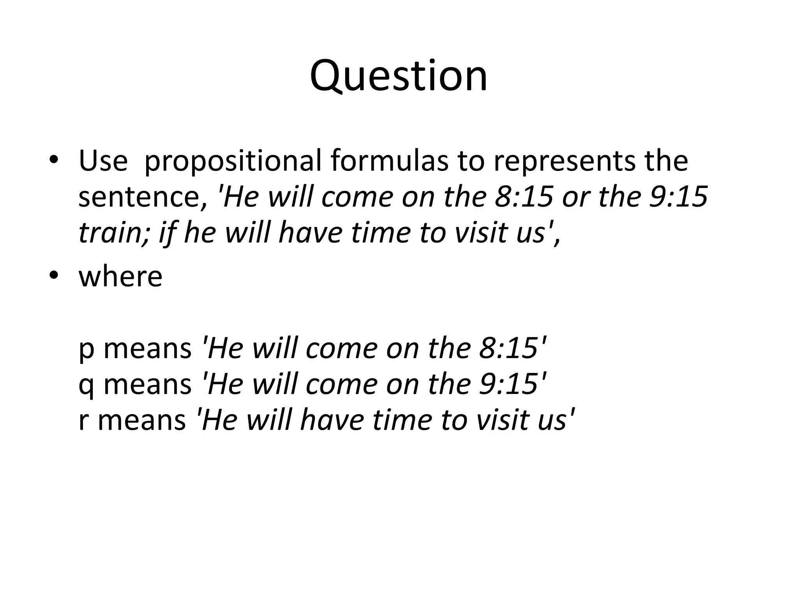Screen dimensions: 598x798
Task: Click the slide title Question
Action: coord(398,76)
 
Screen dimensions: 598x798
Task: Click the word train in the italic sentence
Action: coord(111,232)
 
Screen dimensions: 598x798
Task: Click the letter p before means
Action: coord(87,349)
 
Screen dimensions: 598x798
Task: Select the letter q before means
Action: coord(87,385)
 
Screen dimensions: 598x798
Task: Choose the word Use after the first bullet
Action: coord(103,160)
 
